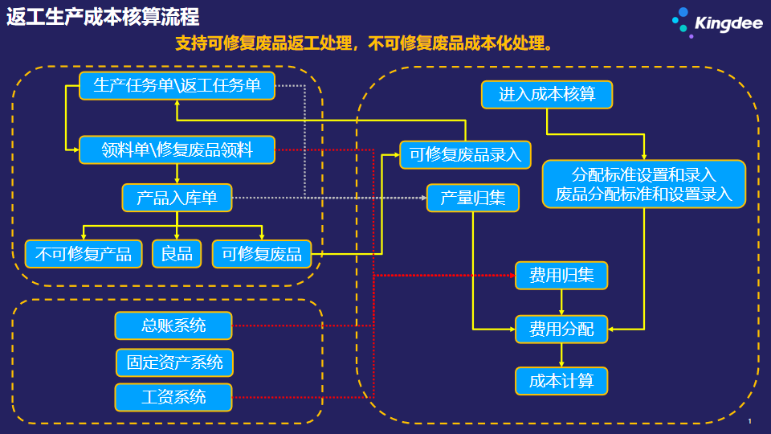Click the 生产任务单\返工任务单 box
[177, 86]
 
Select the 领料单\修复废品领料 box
[177, 149]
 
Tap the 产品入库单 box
[177, 198]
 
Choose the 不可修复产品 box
[84, 254]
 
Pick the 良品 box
[177, 254]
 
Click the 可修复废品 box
[262, 254]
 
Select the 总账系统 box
[173, 325]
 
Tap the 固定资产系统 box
[174, 362]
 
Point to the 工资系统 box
[173, 397]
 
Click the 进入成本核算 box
[547, 95]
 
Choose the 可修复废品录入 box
[465, 154]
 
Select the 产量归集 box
[473, 198]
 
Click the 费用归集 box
[561, 276]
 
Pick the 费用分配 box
[561, 330]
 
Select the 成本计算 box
[561, 381]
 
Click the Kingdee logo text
[728, 23]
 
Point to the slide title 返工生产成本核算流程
[103, 17]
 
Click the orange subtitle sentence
[364, 43]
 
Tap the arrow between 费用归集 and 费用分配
[561, 303]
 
